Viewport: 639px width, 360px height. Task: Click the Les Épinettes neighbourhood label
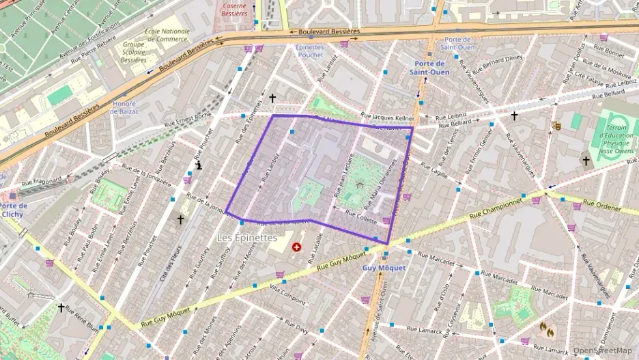(x=246, y=238)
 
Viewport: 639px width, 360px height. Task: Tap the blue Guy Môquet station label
(x=383, y=268)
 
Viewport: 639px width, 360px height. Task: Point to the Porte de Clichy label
(x=13, y=210)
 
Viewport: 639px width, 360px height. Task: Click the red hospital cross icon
(x=296, y=247)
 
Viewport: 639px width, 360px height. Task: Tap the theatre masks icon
(x=556, y=126)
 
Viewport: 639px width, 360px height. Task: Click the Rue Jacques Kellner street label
(x=385, y=117)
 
